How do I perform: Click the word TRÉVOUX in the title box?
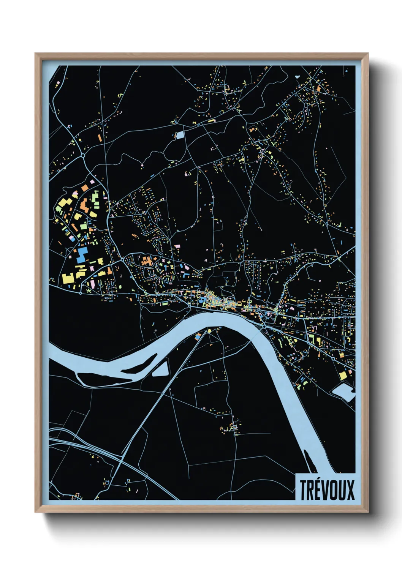click(327, 490)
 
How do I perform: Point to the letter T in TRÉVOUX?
click(304, 490)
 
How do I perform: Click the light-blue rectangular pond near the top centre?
click(180, 134)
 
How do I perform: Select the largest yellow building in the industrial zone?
click(68, 278)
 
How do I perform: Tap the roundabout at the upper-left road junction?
click(83, 155)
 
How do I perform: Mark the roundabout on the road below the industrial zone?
click(81, 293)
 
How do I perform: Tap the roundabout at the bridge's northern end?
click(264, 326)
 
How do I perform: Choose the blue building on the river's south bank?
click(198, 336)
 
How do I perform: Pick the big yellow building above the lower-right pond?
click(343, 375)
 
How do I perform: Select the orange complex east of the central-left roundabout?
click(146, 261)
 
